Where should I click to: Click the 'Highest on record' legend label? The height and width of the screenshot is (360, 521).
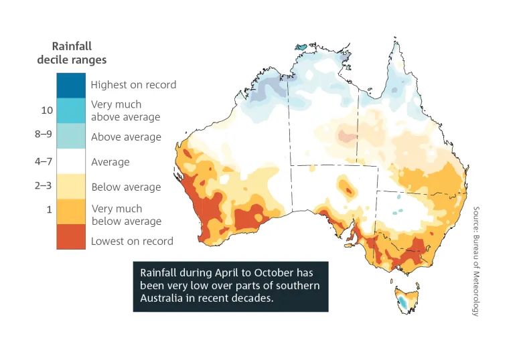pyautogui.click(x=133, y=85)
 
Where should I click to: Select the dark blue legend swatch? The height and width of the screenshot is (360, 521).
pyautogui.click(x=71, y=85)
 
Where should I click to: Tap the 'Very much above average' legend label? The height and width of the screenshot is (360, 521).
pyautogui.click(x=126, y=111)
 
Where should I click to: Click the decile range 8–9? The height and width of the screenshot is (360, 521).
pyautogui.click(x=44, y=134)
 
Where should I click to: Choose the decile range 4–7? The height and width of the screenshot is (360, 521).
pyautogui.click(x=44, y=161)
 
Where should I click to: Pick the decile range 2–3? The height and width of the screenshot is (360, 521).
pyautogui.click(x=44, y=185)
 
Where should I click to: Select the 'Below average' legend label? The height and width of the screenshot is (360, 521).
pyautogui.click(x=126, y=187)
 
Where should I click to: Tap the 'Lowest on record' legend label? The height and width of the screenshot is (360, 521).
pyautogui.click(x=132, y=241)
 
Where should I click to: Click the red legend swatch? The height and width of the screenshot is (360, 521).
pyautogui.click(x=71, y=237)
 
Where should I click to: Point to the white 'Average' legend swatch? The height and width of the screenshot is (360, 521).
pyautogui.click(x=71, y=161)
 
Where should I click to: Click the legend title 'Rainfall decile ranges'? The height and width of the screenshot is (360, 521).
pyautogui.click(x=72, y=53)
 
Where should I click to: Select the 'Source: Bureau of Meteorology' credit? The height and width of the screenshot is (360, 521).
pyautogui.click(x=476, y=261)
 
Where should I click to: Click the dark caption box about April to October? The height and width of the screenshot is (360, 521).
pyautogui.click(x=230, y=286)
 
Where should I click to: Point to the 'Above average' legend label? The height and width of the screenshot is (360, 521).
pyautogui.click(x=126, y=137)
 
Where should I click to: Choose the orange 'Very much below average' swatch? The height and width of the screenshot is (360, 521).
pyautogui.click(x=71, y=211)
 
